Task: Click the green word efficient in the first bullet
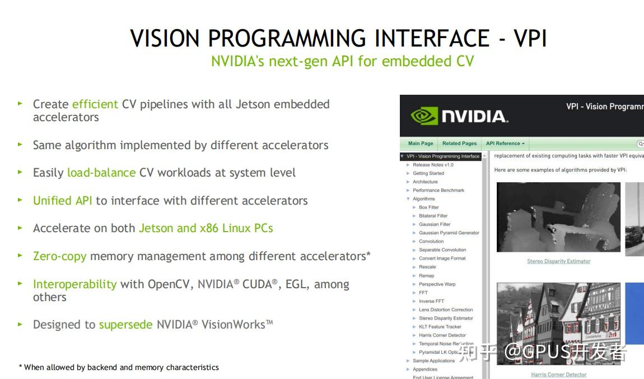tap(95, 104)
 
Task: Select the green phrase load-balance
tap(101, 173)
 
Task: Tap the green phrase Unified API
tap(62, 201)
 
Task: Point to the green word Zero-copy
tap(59, 256)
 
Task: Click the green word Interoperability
tap(74, 284)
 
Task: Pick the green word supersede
tap(125, 325)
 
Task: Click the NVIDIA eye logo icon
tap(424, 116)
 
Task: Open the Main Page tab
tap(421, 144)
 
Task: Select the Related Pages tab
tap(459, 144)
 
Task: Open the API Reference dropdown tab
tap(505, 144)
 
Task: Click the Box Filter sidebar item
tap(429, 207)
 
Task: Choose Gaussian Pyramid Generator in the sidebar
tap(449, 233)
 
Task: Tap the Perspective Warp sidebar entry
tap(437, 284)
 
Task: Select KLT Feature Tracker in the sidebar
tap(440, 327)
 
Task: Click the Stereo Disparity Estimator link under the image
tap(558, 261)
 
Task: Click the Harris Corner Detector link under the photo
tap(558, 375)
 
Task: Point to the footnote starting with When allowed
tap(121, 368)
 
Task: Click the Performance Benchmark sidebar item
tap(438, 190)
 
